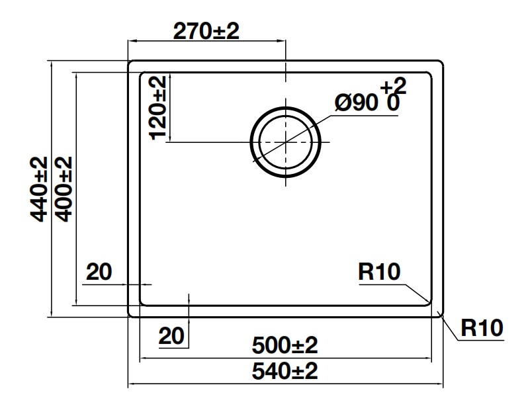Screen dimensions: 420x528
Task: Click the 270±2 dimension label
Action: pos(205,31)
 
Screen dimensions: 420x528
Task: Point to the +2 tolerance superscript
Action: pos(393,85)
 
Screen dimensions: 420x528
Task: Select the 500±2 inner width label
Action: pos(285,345)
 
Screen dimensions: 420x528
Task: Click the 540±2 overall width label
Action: pos(285,371)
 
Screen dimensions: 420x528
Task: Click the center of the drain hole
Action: pos(285,142)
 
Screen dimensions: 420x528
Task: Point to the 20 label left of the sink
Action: pos(99,272)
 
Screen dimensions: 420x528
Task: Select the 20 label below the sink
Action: pos(171,337)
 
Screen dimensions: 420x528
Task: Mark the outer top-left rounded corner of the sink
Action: pos(131,64)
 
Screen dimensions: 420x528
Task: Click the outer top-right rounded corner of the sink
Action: pos(439,64)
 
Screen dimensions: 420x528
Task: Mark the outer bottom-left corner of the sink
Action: pos(131,314)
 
